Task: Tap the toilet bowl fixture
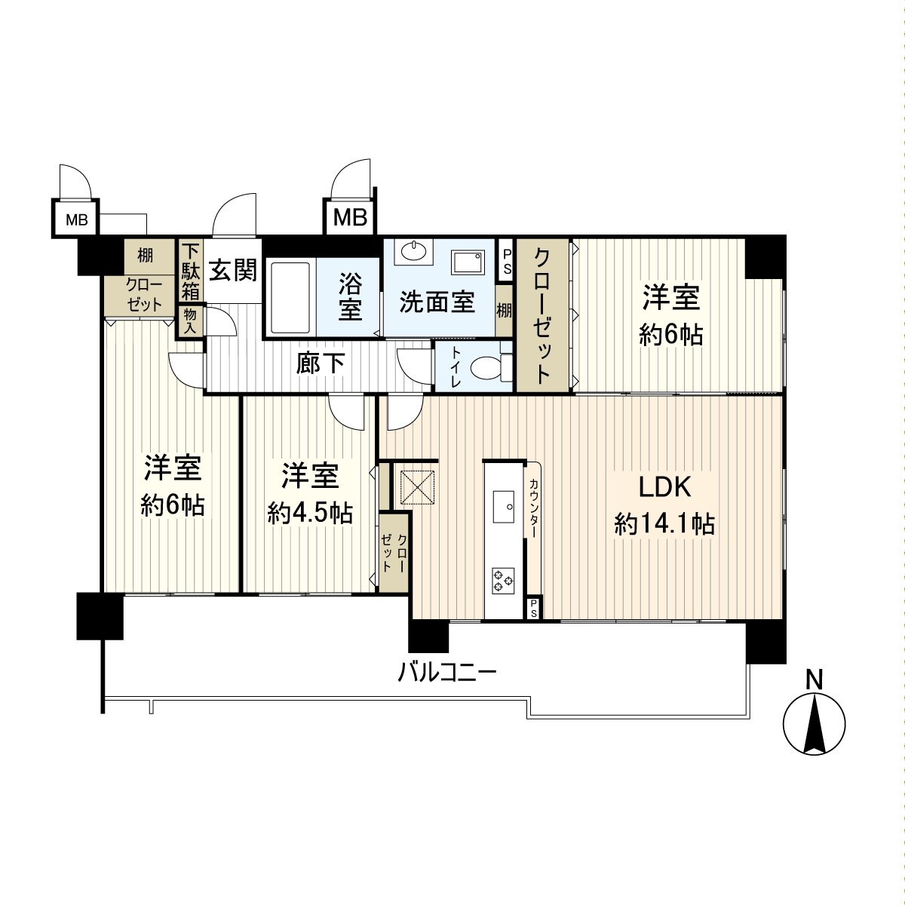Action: pos(483,369)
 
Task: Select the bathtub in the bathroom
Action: pos(290,297)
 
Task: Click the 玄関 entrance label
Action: pos(232,270)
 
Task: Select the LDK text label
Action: pos(664,487)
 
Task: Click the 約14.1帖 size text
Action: pos(664,523)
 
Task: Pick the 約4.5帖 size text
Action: pos(309,514)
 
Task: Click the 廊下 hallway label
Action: pos(321,364)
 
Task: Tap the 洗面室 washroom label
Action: pos(437,302)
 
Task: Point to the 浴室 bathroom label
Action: pos(349,296)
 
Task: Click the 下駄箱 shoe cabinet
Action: pos(191,270)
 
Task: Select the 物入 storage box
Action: pos(189,321)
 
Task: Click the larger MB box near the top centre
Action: pos(350,218)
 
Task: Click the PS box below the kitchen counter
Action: pos(533,609)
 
